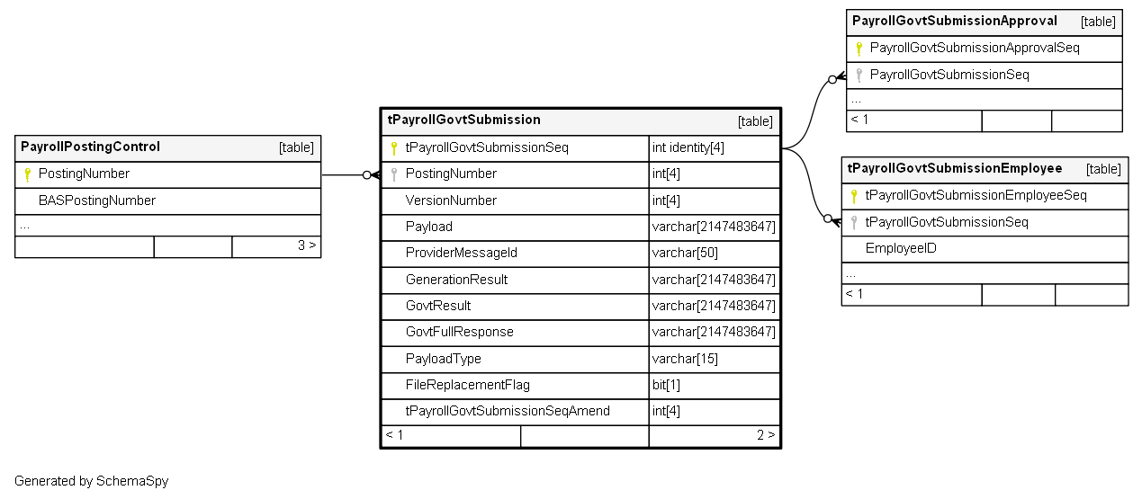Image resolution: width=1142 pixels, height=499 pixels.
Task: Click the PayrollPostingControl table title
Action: [90, 147]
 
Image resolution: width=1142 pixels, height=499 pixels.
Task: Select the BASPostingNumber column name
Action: [97, 200]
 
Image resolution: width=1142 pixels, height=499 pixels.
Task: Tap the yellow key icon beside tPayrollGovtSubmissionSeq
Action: [393, 148]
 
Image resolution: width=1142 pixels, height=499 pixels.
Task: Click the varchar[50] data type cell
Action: [685, 253]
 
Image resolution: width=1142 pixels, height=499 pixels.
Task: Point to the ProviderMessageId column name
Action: [461, 253]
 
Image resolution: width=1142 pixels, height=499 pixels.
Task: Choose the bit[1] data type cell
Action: [666, 385]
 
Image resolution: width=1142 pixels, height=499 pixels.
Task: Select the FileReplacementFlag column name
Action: [467, 385]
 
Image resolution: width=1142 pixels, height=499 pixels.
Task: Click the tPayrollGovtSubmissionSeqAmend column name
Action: [508, 411]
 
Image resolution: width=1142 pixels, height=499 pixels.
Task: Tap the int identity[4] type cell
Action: [688, 147]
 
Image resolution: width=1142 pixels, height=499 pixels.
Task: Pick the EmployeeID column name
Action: [901, 248]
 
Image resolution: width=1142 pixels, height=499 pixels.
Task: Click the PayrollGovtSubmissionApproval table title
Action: [955, 21]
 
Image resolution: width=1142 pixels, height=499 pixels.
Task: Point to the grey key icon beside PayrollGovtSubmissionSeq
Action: [859, 76]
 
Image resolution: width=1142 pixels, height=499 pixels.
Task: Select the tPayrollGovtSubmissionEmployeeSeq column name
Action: [976, 195]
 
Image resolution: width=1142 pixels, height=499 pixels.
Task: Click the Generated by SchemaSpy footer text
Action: [91, 481]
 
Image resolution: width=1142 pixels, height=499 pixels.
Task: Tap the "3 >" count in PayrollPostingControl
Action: [307, 245]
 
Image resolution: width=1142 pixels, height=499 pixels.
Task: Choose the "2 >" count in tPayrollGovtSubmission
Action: [766, 435]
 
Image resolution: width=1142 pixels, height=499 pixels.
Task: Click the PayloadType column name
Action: [443, 359]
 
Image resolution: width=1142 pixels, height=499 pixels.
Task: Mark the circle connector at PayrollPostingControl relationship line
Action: [366, 175]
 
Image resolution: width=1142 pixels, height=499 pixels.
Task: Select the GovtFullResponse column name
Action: [459, 332]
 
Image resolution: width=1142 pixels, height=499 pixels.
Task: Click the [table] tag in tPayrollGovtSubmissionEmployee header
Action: [1103, 169]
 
